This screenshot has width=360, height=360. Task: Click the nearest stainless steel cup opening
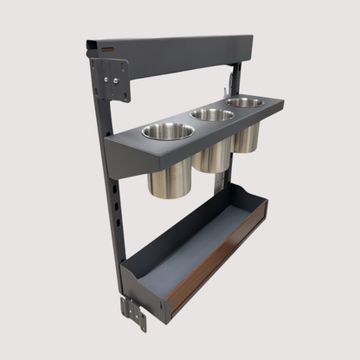168,132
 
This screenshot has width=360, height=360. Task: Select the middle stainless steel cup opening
212,114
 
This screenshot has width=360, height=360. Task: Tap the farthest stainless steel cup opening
246,102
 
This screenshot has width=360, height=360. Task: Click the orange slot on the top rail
106,49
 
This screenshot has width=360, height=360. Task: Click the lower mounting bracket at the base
134,313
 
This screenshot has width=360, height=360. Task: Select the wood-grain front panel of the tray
216,257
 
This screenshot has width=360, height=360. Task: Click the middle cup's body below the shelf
213,156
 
